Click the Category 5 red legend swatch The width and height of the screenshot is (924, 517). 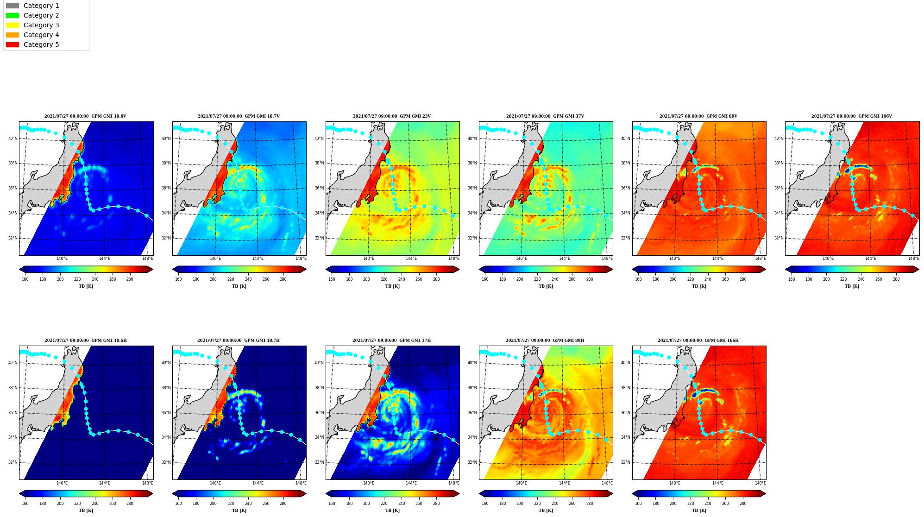point(13,44)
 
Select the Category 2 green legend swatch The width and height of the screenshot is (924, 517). point(13,15)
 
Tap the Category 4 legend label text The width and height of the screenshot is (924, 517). point(41,35)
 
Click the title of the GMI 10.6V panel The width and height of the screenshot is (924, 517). point(85,116)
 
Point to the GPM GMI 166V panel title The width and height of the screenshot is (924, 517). point(851,116)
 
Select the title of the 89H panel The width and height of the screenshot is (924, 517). point(545,340)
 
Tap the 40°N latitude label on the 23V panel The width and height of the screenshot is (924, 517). point(319,139)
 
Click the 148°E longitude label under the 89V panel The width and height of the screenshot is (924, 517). point(760,258)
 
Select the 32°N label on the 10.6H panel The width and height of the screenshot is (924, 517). point(13,462)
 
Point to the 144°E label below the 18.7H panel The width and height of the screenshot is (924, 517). point(258,483)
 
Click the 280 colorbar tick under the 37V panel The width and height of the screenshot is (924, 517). point(590,279)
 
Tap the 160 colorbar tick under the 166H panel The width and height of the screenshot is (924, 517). point(638,504)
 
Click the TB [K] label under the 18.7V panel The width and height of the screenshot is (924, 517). point(239,286)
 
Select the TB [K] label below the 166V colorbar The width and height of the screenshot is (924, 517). point(852,286)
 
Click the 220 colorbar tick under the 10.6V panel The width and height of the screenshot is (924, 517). point(77,279)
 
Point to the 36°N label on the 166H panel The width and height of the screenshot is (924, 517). point(626,413)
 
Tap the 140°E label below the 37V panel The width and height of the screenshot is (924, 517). point(522,258)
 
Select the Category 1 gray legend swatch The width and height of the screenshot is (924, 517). point(13,6)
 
